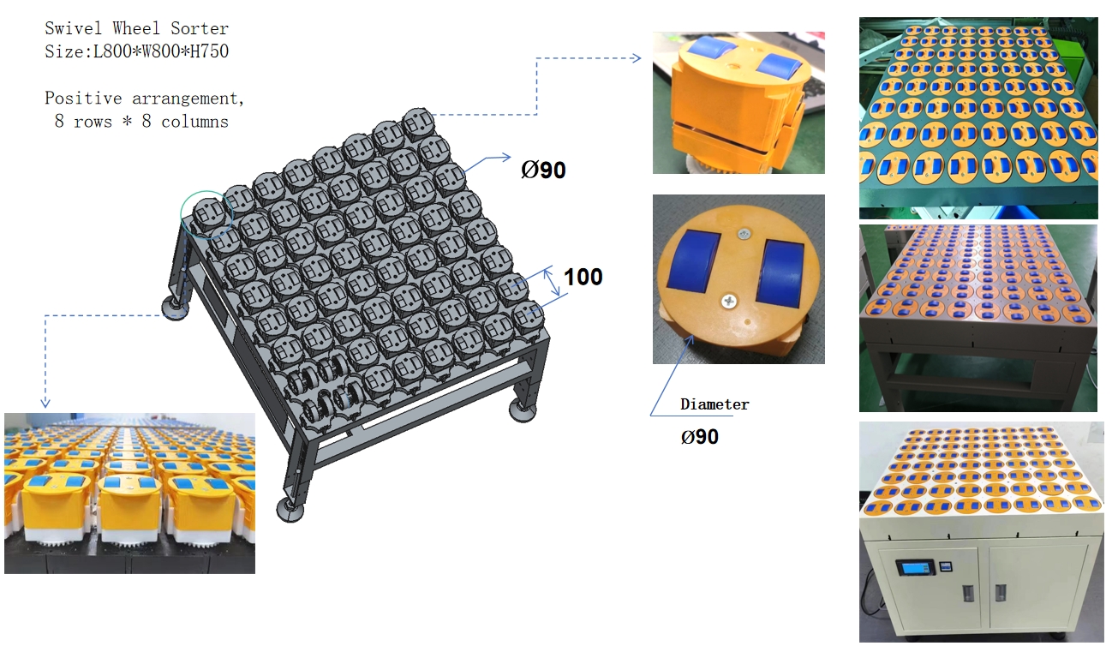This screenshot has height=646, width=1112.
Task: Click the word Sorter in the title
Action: point(200,28)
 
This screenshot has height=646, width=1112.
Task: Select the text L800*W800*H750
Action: point(161,51)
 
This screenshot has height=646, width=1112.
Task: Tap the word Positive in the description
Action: point(83,98)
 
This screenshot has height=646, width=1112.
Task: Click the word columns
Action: point(194,121)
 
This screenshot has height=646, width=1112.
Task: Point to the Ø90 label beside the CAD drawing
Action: point(543,170)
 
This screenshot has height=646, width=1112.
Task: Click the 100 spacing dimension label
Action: point(583,277)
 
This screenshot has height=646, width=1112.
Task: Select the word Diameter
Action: point(714,404)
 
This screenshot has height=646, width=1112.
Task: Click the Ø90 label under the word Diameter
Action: point(700,437)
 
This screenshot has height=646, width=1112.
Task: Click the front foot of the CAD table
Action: point(290,511)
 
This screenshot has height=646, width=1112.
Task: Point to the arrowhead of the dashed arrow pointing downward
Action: point(45,403)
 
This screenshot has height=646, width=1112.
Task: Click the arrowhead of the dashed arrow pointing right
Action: point(636,58)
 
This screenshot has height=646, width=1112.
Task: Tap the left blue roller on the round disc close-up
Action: point(694,261)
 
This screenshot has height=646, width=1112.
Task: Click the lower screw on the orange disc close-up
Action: point(728,301)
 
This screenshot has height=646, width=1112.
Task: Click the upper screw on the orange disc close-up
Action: point(743,234)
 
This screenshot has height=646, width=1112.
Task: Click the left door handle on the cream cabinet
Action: point(968,593)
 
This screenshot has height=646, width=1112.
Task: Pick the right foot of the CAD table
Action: point(523,411)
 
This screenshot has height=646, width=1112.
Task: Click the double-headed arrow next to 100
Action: point(551,282)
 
